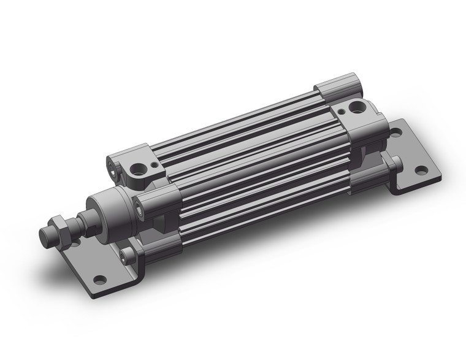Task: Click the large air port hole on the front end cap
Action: tap(143, 167)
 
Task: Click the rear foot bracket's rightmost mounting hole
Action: tap(420, 170)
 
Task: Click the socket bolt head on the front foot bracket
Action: tap(128, 256)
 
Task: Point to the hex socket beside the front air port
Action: tap(112, 166)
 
